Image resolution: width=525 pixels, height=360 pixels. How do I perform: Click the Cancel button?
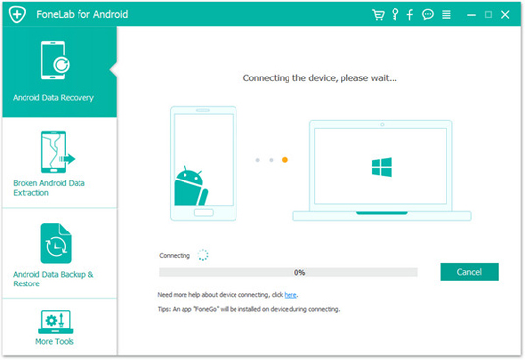click(x=469, y=272)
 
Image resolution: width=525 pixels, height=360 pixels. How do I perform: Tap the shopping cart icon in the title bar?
click(x=378, y=15)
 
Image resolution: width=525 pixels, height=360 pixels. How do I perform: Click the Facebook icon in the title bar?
click(x=410, y=15)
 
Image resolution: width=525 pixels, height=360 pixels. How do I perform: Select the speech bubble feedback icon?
click(x=428, y=14)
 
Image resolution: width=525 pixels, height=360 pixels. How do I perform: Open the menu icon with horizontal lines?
click(x=446, y=15)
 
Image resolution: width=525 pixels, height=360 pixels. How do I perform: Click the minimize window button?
click(x=471, y=15)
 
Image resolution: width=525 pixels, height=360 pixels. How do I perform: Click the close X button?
click(x=505, y=15)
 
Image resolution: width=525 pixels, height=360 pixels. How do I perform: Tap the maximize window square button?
click(x=488, y=14)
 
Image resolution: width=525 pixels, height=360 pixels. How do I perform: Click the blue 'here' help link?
click(x=290, y=295)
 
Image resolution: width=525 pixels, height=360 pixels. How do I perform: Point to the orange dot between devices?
click(x=285, y=160)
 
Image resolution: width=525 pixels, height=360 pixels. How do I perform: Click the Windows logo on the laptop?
click(x=382, y=167)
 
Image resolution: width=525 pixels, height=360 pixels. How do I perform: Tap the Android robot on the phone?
click(x=190, y=186)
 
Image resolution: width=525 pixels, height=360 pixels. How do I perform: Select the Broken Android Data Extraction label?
click(x=49, y=188)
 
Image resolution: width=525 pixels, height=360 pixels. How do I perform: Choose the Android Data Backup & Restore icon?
click(x=56, y=243)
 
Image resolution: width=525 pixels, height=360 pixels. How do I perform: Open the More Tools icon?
click(x=56, y=322)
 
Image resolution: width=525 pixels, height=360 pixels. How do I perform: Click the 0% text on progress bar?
click(x=299, y=272)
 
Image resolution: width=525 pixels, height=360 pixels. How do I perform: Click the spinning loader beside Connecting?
click(x=203, y=255)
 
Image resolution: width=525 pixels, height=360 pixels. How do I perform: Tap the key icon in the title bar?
click(x=395, y=15)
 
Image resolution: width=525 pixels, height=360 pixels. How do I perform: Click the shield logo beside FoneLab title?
click(x=17, y=14)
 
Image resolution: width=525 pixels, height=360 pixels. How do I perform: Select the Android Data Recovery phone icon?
click(x=55, y=61)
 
